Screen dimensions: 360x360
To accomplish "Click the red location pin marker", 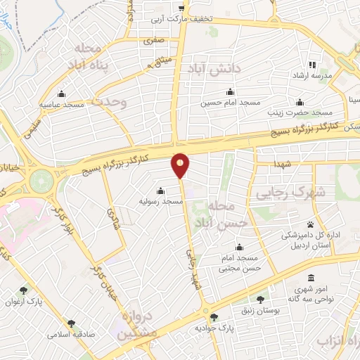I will coord(181,165).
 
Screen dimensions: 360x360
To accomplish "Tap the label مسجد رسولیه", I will coord(160,202).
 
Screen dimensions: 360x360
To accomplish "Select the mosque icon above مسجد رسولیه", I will coord(160,191).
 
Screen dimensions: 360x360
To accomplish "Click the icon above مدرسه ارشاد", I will coord(312,65).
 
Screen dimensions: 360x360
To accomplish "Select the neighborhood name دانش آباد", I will coord(214,70).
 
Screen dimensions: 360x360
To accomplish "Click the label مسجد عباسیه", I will coord(62,104).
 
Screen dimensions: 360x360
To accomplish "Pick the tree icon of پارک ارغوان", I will coord(25,290).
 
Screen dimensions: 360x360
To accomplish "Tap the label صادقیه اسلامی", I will coord(70,335).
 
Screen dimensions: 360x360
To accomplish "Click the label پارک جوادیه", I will coord(215,328).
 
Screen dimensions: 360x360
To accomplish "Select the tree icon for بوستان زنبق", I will coord(261,299).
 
